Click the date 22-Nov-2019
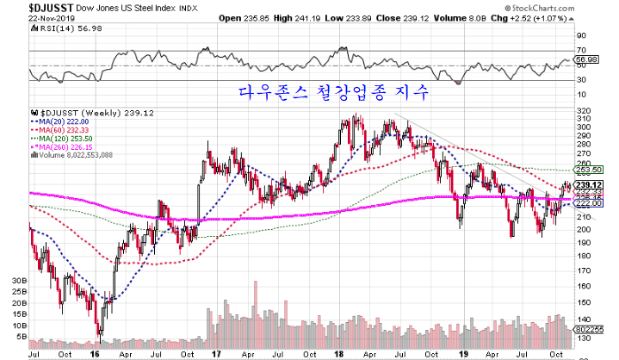28,18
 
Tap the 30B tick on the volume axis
15,282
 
